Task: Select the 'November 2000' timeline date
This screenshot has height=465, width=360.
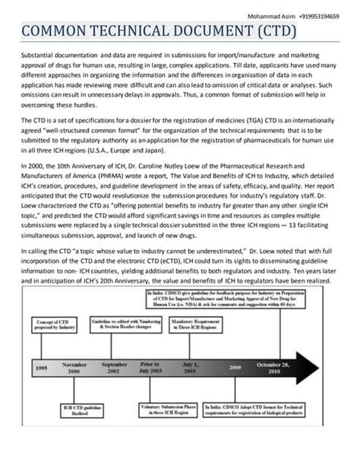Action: (74, 368)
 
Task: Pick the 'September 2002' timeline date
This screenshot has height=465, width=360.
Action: (115, 368)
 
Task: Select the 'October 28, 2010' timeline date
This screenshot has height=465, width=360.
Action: (291, 368)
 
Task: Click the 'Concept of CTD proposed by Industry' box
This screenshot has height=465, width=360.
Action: (55, 325)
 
